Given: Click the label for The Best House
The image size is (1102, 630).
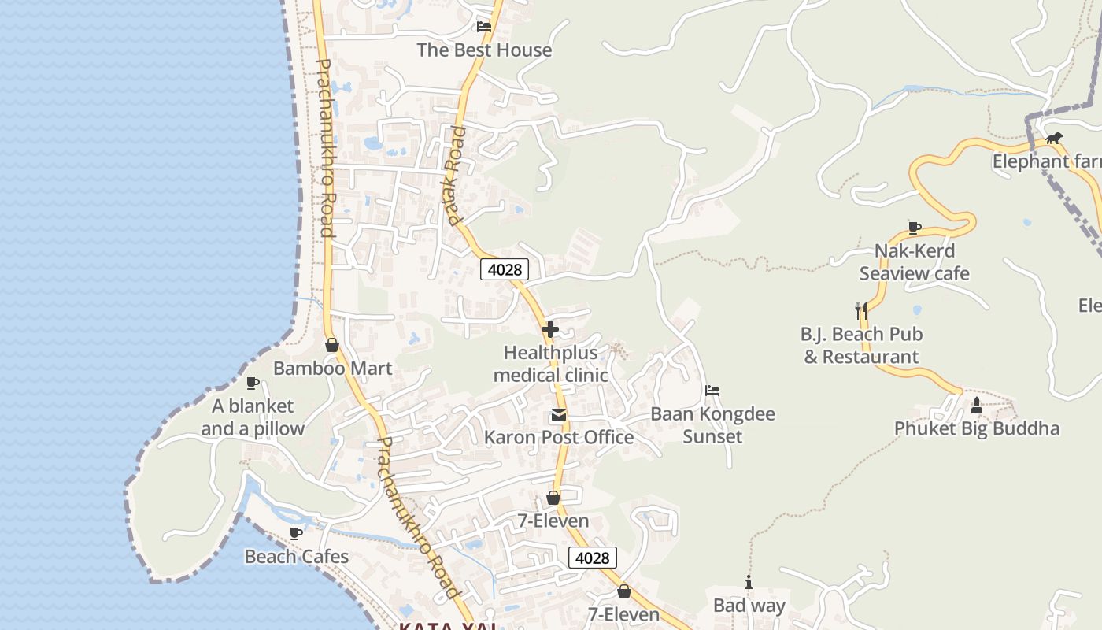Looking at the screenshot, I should pos(484,50).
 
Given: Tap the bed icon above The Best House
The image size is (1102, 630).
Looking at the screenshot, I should pos(484,26).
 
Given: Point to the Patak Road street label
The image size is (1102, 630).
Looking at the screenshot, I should pos(456,175).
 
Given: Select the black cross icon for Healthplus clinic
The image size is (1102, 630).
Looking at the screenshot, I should pos(550,329).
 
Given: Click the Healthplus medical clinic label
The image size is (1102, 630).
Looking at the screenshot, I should pos(550,364).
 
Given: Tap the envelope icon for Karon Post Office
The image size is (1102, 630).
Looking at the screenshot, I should pos(558,415).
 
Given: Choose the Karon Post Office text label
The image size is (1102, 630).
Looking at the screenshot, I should pos(558,437).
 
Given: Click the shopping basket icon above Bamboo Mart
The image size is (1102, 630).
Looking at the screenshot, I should pos(332,345).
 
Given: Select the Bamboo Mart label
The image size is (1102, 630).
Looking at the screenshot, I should pos(332,368).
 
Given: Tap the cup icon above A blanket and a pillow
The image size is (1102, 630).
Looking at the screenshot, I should pos(253,384).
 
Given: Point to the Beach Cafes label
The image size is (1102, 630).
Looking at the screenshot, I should pos(296,557).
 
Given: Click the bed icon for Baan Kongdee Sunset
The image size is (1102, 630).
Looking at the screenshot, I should pos(712,391).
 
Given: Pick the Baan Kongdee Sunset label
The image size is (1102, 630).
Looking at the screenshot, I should pos(712,424).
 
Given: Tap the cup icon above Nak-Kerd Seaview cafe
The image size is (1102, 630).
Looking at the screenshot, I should pos(914,228).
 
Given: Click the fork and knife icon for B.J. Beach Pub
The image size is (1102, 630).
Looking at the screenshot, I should pos(860,310).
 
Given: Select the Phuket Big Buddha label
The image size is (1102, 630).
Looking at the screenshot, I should pos(976,428).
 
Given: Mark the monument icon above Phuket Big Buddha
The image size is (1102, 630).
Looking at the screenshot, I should pos(977,406).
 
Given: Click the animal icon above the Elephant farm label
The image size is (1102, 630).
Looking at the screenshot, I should pos(1054,139).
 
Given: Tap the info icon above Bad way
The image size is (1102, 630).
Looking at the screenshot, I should pos(749,583).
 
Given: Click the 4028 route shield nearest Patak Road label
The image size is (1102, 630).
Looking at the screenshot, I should pos(505,269).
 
